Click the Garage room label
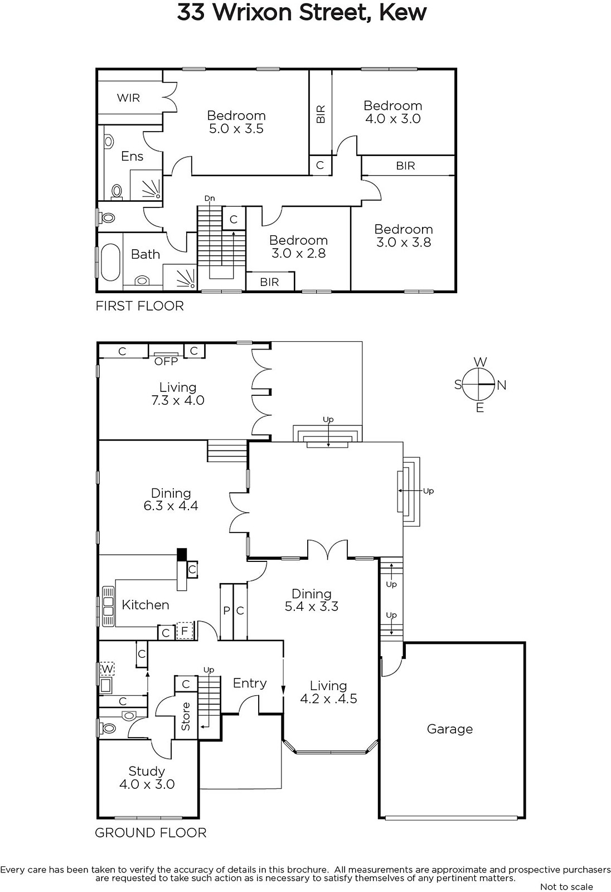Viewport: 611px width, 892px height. [450, 729]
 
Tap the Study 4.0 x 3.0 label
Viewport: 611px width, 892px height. [147, 778]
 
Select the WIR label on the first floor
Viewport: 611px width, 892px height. [128, 98]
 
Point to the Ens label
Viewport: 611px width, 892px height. [132, 156]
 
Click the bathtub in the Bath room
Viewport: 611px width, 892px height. [110, 263]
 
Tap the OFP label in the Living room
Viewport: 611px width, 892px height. [166, 361]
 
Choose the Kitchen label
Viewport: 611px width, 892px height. [146, 605]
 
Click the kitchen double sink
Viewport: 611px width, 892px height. [108, 605]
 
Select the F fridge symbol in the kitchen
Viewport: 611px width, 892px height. [185, 631]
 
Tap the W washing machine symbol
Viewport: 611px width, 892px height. [107, 668]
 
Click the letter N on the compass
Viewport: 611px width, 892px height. [502, 385]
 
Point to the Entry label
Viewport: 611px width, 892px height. [250, 683]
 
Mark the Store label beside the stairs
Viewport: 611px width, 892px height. [186, 716]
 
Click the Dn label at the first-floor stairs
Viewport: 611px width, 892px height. [210, 198]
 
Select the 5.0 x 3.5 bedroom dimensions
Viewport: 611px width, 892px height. [236, 129]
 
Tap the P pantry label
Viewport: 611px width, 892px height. [226, 610]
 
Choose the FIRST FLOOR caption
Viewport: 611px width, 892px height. [140, 306]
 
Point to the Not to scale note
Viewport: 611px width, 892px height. [566, 887]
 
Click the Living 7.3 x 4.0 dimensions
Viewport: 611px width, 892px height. [178, 400]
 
